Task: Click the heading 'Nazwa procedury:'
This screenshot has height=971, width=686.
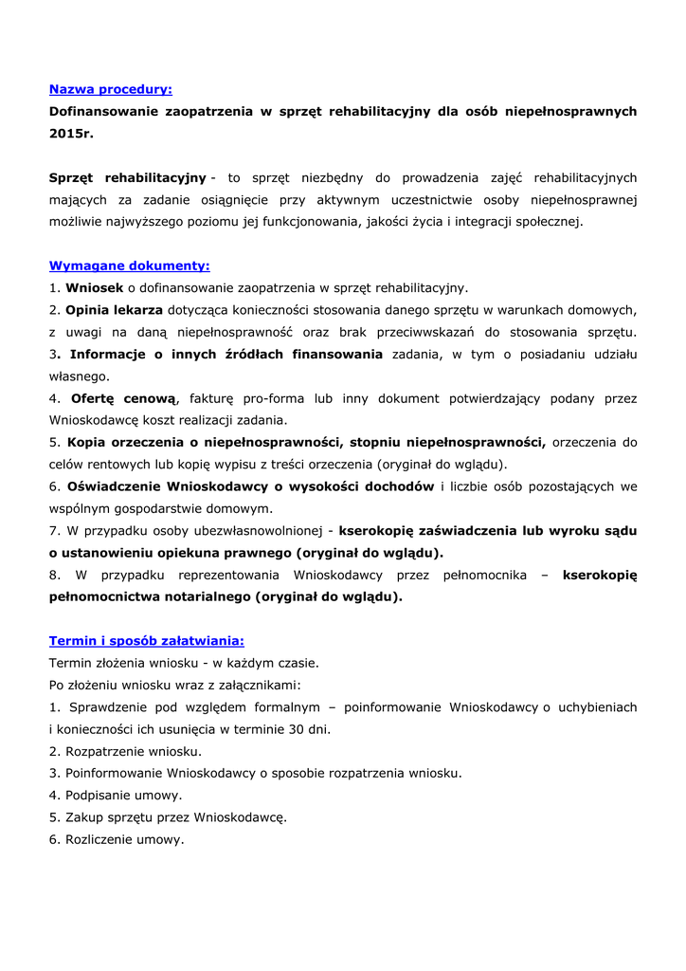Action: [x=110, y=90]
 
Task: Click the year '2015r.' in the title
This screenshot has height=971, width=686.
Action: [x=72, y=134]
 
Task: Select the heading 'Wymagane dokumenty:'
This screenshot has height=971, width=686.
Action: [x=129, y=266]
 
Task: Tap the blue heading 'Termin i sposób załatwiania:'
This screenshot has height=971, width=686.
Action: [x=146, y=641]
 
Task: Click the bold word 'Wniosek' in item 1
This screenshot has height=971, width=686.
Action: [x=94, y=287]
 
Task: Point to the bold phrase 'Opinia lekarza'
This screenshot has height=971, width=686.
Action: [x=114, y=310]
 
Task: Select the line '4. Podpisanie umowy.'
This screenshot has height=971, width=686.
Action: [x=116, y=795]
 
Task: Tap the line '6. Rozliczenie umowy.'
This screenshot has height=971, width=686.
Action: [x=117, y=839]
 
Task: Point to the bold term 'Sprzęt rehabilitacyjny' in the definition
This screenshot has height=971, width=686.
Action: [x=128, y=177]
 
